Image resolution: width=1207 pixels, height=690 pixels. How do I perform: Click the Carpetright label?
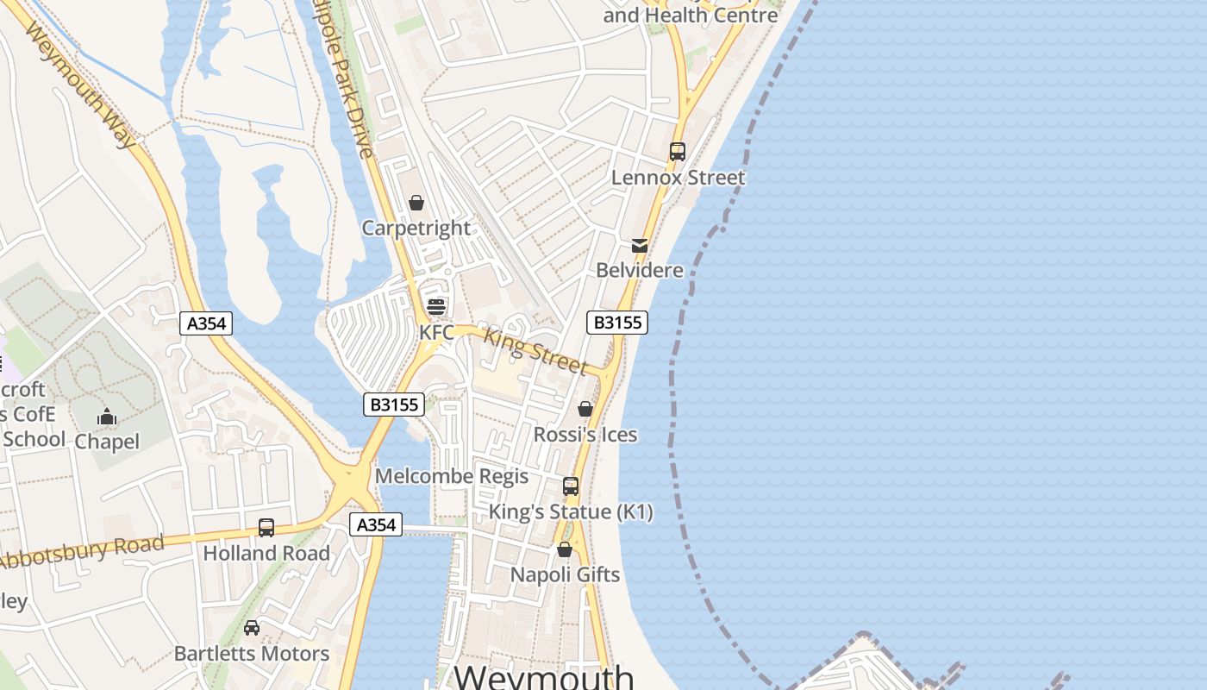[416, 229]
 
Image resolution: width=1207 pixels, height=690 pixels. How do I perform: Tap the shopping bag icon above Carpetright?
[416, 203]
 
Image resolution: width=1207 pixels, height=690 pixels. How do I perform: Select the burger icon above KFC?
[436, 307]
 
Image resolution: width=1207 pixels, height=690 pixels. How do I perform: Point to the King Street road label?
[535, 351]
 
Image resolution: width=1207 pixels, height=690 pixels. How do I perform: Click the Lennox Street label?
[679, 178]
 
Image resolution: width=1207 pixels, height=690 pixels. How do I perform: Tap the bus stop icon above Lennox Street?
[678, 152]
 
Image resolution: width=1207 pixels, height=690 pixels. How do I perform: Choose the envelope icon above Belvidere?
[640, 246]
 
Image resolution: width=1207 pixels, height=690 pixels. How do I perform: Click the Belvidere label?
[640, 270]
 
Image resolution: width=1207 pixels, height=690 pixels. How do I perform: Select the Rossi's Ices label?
[585, 434]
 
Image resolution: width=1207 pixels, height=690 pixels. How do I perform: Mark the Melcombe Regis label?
[452, 476]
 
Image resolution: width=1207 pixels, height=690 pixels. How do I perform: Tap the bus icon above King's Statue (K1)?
[571, 486]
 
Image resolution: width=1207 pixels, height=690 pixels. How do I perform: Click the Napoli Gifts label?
[566, 574]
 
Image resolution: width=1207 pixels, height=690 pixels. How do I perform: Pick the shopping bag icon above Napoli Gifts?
[565, 549]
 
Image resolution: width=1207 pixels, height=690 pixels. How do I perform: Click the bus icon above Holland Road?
[266, 528]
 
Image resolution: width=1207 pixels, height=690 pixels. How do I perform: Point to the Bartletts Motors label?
[252, 654]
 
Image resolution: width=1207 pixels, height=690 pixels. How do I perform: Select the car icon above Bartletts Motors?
[252, 628]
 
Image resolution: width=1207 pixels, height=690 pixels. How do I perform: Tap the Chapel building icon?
[107, 417]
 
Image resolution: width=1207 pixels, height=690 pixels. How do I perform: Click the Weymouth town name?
[544, 676]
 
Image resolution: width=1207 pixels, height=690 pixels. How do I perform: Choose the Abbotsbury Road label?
[82, 552]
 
